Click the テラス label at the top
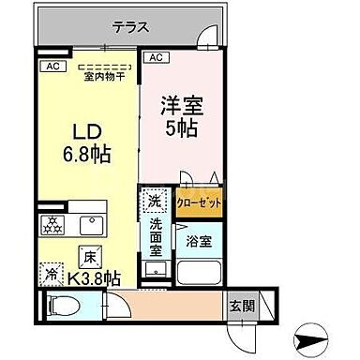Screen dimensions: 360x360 pos(130,27)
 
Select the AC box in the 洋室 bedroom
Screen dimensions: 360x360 pos(156,58)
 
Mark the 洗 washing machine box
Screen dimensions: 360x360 pos(154,200)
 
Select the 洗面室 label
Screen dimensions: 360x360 pos(155,236)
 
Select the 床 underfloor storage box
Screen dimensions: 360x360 pos(86,255)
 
